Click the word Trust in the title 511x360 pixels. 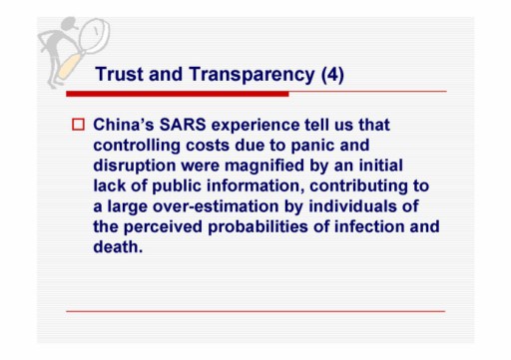120,74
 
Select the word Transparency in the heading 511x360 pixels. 253,75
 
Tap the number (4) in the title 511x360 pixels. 332,75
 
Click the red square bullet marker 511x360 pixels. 78,125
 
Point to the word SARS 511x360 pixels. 183,125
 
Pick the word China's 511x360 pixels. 124,125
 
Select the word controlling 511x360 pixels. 137,147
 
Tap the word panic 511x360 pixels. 312,147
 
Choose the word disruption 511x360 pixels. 135,167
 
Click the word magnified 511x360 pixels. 264,167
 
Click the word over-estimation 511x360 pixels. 216,206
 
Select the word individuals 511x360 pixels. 352,206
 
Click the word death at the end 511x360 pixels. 118,247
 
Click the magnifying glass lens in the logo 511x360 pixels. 95,36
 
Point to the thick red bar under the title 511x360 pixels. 178,94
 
